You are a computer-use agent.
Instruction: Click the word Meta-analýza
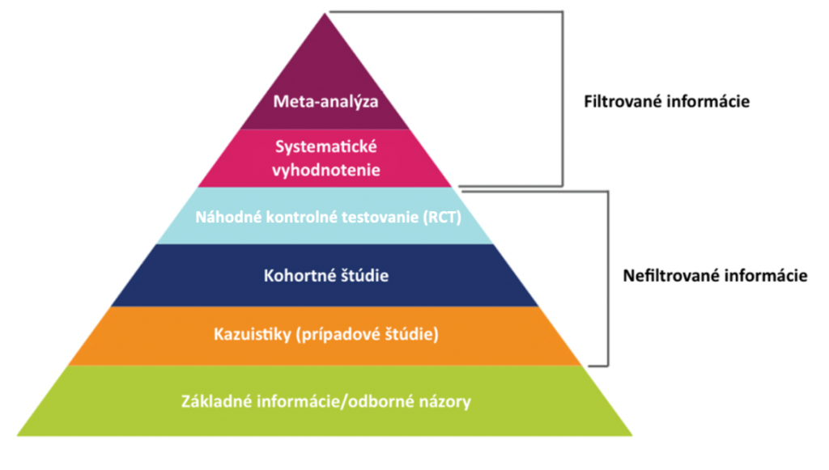(x=326, y=102)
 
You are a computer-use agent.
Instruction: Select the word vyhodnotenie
(x=326, y=171)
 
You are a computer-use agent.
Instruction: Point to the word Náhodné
(x=220, y=216)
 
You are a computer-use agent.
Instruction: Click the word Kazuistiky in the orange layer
(x=248, y=333)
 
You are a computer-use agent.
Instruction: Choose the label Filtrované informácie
(x=666, y=103)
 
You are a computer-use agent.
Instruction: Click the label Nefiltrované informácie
(x=716, y=275)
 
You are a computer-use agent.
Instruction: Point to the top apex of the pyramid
(x=325, y=14)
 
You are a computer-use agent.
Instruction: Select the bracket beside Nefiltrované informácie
(x=606, y=275)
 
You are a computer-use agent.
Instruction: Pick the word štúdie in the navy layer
(x=361, y=276)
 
